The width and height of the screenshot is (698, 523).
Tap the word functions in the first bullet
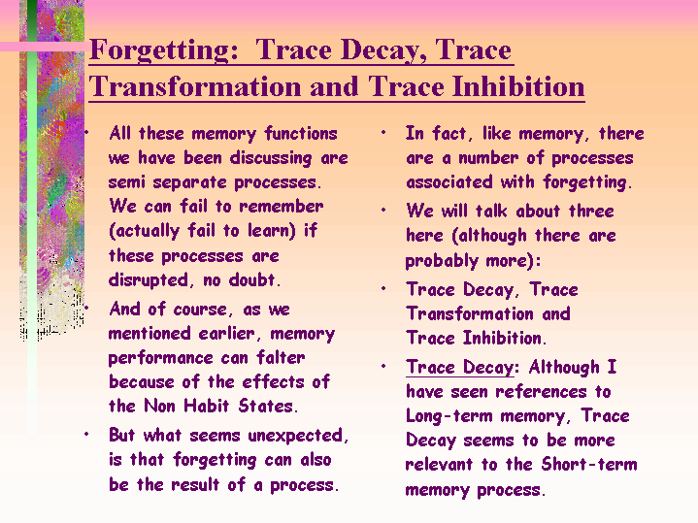coord(301,134)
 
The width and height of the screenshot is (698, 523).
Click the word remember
coord(281,207)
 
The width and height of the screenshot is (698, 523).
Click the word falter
coord(281,357)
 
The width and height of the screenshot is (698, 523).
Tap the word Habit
coord(207,406)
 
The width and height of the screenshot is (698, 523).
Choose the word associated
coord(449,182)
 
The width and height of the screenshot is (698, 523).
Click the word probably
coord(442,261)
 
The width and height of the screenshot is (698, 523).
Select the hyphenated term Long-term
coord(449,416)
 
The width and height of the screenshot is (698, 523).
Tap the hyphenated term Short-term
coord(589,464)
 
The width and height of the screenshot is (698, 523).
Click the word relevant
coord(439,465)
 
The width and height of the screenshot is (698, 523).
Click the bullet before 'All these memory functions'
coord(86,132)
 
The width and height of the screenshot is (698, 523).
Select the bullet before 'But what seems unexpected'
coord(86,434)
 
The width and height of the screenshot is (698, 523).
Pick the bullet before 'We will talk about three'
coord(383,210)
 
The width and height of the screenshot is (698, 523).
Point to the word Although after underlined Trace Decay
coord(564,368)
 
